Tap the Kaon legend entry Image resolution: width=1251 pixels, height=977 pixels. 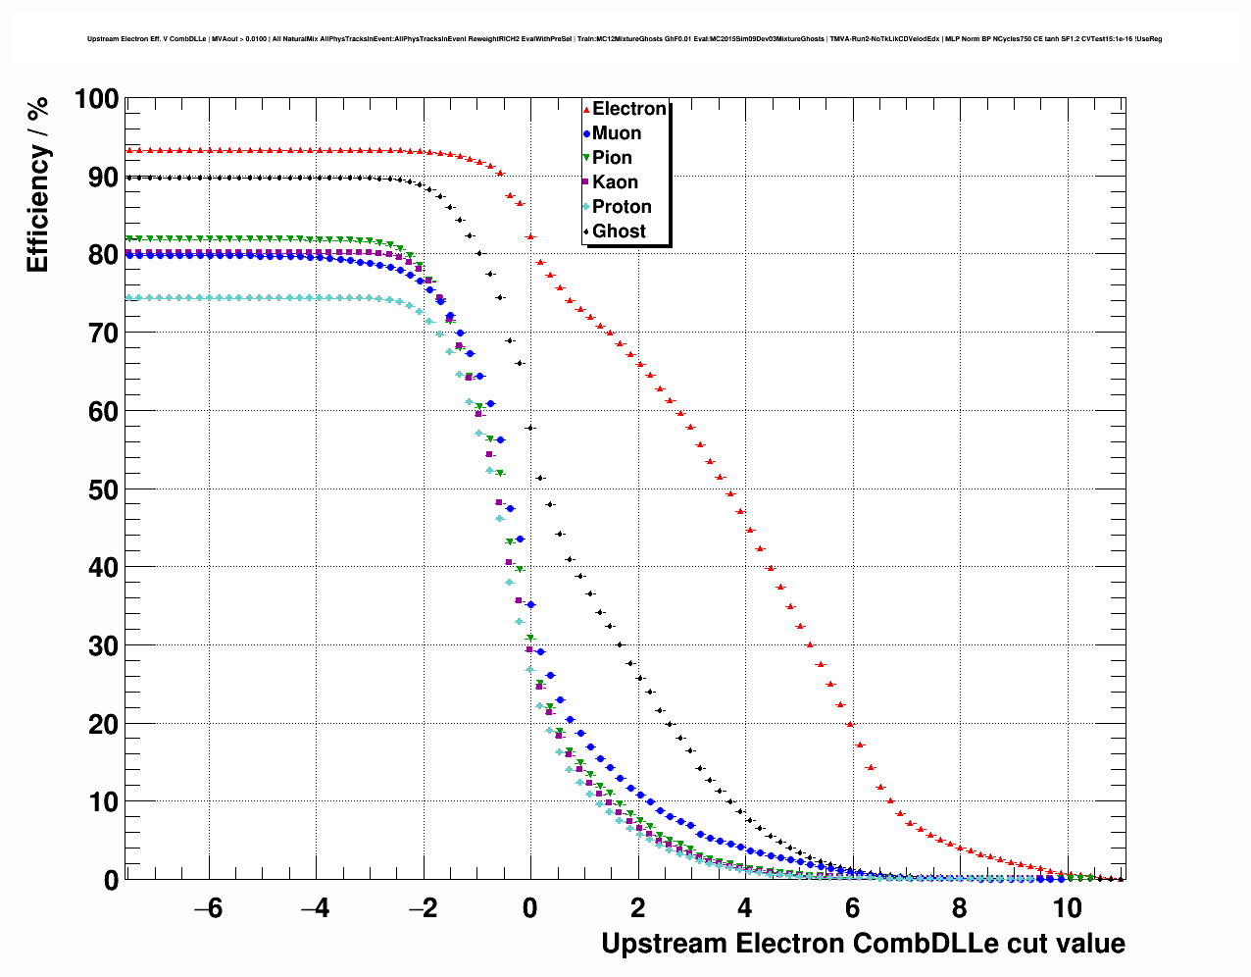coord(614,182)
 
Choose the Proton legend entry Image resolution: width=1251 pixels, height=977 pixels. coord(621,207)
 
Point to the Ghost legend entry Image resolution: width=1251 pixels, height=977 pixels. coord(619,231)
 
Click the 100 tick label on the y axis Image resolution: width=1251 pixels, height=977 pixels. coord(96,99)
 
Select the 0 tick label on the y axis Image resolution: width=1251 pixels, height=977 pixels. coord(111,880)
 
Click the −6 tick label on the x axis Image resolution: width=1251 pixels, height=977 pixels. coord(208,908)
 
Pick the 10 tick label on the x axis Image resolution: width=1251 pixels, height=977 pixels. coord(1067,908)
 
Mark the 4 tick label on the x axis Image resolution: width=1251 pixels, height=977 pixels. coord(745,908)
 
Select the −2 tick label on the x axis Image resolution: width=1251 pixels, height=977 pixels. coord(423,908)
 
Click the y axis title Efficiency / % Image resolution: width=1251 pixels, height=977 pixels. coord(37,184)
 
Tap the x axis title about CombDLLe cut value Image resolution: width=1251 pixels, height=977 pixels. coord(863,944)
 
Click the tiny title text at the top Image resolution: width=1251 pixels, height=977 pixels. coord(625,39)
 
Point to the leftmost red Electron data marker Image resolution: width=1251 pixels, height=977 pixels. coord(129,150)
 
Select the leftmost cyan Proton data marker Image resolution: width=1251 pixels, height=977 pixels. coord(129,298)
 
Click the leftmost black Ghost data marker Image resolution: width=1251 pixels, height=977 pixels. coord(129,178)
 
